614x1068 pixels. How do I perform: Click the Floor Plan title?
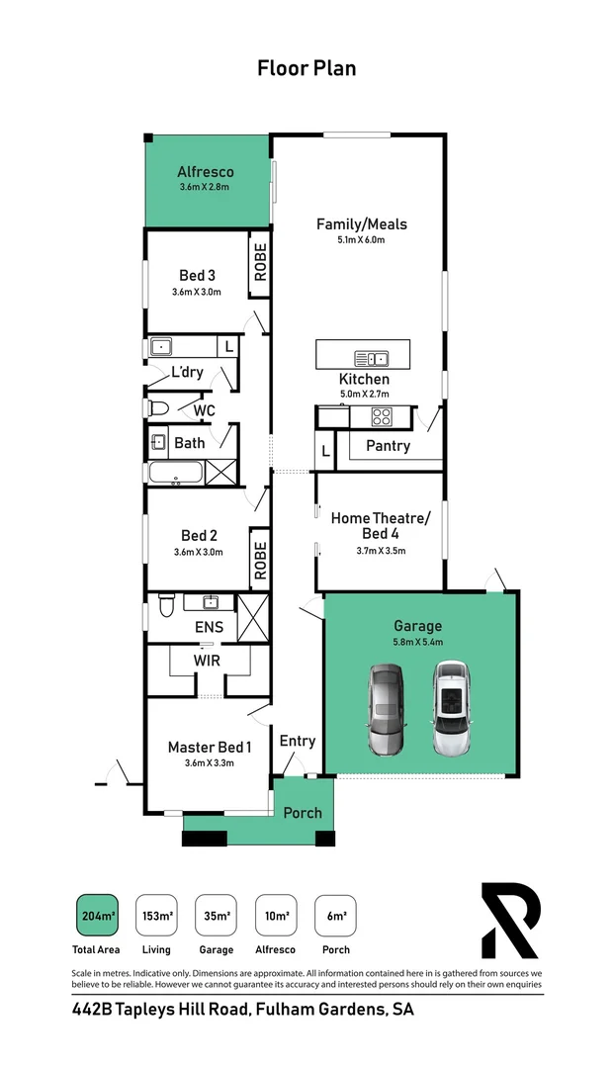[x=307, y=68]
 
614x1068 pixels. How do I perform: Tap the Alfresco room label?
[x=206, y=172]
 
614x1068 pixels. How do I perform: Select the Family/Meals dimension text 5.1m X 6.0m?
[x=362, y=239]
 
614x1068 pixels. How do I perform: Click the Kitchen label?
[x=364, y=379]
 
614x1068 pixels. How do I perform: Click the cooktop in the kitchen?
[x=382, y=417]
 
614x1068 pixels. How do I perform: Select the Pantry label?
[x=388, y=446]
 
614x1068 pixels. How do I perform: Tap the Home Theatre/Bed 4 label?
[x=381, y=525]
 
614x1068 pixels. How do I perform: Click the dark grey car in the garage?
[x=387, y=709]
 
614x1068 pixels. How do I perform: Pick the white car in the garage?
[x=451, y=707]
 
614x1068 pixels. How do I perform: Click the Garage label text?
[x=417, y=626]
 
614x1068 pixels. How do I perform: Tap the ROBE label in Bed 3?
[x=260, y=263]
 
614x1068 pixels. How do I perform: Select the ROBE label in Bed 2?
[x=260, y=560]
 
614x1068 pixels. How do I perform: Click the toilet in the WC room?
[x=158, y=408]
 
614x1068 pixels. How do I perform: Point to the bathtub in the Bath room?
[x=176, y=473]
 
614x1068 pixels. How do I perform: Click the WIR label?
[x=208, y=660]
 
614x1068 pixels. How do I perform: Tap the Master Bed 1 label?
[x=209, y=747]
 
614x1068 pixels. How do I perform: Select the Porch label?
[x=303, y=812]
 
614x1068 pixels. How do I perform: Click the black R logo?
[x=510, y=921]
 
